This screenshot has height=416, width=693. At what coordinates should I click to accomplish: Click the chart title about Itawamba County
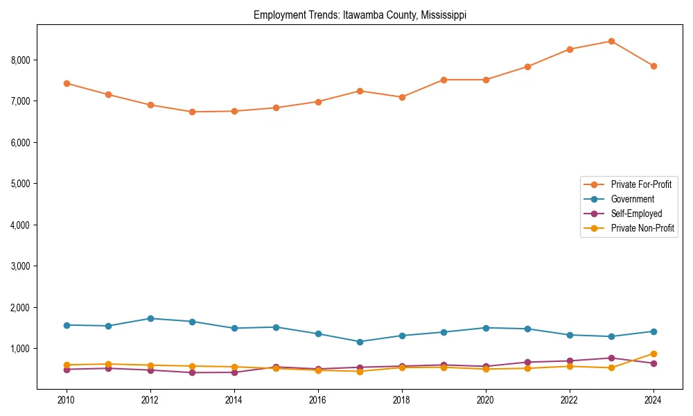click(360, 15)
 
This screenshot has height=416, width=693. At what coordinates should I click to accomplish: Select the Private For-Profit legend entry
click(641, 184)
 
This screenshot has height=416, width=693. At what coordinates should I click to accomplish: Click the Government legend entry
click(632, 199)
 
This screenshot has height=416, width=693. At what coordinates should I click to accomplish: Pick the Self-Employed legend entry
click(636, 214)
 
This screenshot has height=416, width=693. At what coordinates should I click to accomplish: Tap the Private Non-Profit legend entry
click(642, 228)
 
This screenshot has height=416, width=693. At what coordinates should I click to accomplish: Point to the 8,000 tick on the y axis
click(21, 60)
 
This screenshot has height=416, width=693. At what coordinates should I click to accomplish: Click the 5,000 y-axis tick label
click(21, 184)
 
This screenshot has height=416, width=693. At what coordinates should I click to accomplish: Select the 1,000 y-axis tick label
click(21, 349)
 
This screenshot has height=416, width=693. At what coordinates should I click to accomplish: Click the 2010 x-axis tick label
click(67, 400)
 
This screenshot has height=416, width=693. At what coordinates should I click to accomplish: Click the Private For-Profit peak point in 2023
click(611, 41)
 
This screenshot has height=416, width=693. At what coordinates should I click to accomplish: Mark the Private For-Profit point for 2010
click(67, 83)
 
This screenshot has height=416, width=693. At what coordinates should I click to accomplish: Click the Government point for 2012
click(150, 318)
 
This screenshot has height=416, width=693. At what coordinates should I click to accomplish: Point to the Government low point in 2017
click(360, 342)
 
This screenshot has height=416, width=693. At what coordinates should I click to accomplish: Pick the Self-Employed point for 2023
click(611, 358)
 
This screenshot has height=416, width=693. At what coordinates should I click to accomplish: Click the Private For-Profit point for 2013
click(192, 112)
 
